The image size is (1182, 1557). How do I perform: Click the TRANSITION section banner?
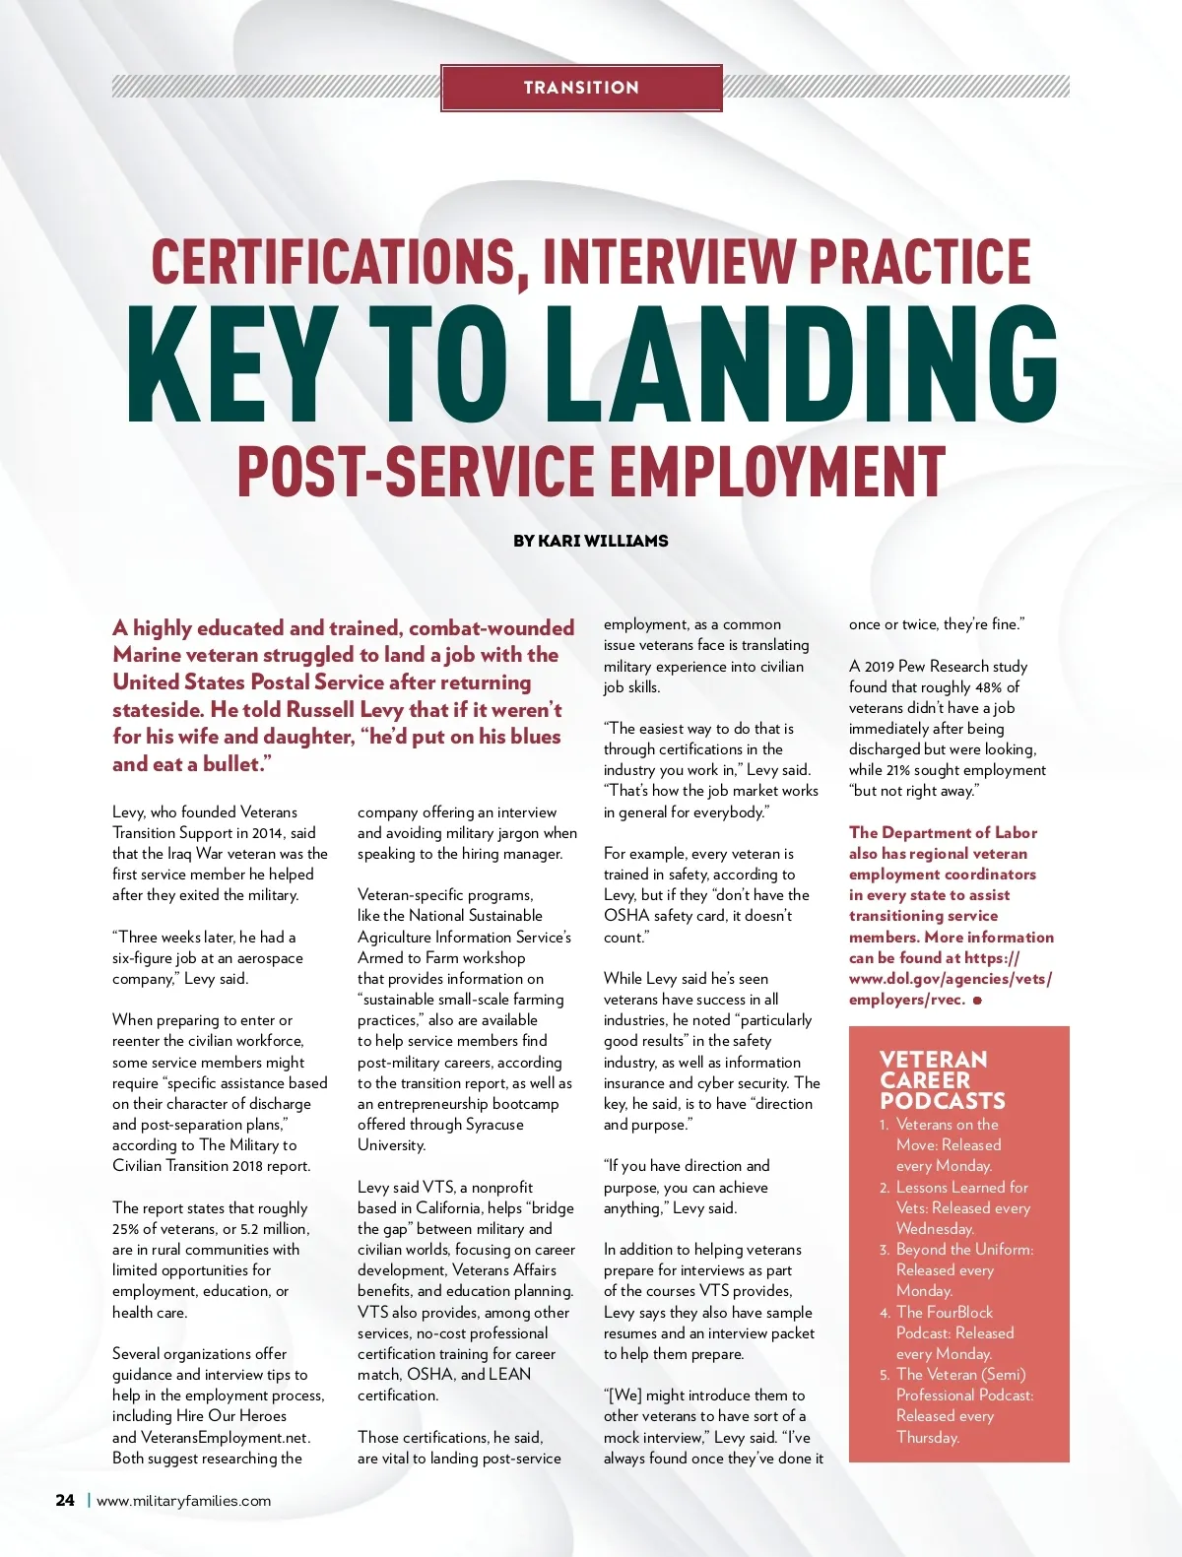tap(581, 88)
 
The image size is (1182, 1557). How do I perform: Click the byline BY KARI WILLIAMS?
tap(590, 541)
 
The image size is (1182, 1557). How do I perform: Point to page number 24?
tap(65, 1500)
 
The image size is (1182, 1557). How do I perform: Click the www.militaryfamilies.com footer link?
tap(183, 1501)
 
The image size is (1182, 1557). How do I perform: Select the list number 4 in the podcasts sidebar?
tap(885, 1313)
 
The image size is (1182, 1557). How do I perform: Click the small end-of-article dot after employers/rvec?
tap(977, 1001)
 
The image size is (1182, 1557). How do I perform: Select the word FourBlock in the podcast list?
tap(959, 1313)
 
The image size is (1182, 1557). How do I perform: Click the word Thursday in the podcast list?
tap(927, 1437)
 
